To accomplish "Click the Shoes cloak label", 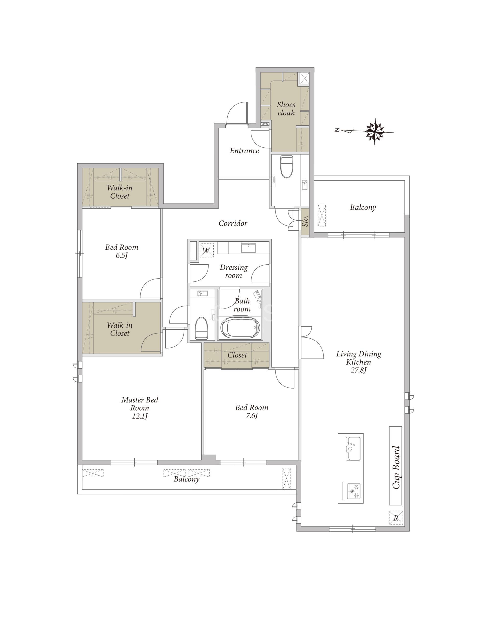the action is pyautogui.click(x=286, y=109).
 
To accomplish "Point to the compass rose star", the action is pyautogui.click(x=375, y=132).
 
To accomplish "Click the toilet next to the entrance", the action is pyautogui.click(x=286, y=167).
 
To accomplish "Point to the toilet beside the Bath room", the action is pyautogui.click(x=201, y=328).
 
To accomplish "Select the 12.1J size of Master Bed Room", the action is pyautogui.click(x=140, y=416).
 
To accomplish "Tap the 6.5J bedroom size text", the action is pyautogui.click(x=122, y=255).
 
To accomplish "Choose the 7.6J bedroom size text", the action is pyautogui.click(x=252, y=415).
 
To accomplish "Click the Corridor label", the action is pyautogui.click(x=233, y=223).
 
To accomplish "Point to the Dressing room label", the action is pyautogui.click(x=233, y=271).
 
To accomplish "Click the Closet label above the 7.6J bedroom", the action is pyautogui.click(x=237, y=355).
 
